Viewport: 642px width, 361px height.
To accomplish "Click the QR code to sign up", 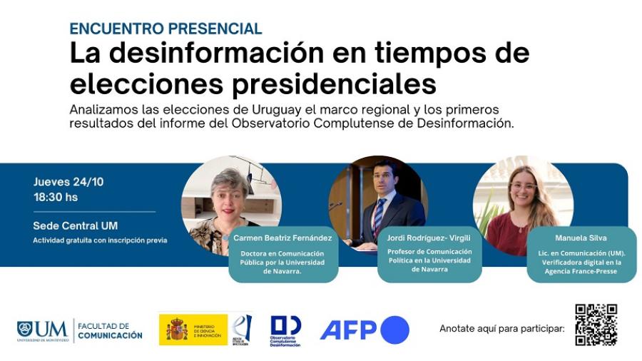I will click(x=596, y=325).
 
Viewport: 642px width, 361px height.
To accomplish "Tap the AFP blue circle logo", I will click(x=395, y=330).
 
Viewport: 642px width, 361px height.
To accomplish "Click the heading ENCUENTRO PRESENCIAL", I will click(x=165, y=29).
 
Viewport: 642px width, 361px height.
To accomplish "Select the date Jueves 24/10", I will click(x=68, y=182).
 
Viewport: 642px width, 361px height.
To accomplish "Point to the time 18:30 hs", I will click(x=56, y=197).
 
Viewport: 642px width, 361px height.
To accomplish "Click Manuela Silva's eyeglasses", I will click(x=524, y=186).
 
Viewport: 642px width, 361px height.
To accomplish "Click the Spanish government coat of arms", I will click(x=177, y=330).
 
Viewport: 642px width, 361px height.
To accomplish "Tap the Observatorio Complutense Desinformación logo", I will click(x=285, y=330).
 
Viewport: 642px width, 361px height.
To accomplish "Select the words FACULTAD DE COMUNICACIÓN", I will click(x=110, y=330).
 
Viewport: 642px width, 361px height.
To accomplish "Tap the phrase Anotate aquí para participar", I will click(x=501, y=329).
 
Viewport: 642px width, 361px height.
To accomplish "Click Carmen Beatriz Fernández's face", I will click(x=230, y=193).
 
